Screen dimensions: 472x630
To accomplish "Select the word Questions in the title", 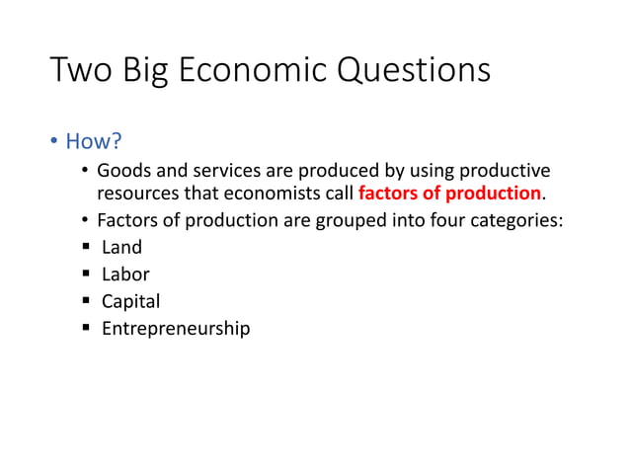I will [416, 71].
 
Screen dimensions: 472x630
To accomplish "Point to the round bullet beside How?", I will [55, 142].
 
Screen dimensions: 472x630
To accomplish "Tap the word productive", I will [504, 171].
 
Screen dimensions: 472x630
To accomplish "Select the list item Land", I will [121, 247].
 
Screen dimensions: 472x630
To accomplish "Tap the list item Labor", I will [125, 275].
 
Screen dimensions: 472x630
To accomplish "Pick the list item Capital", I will [130, 301].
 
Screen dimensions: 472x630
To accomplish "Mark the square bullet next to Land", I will [86, 247].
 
